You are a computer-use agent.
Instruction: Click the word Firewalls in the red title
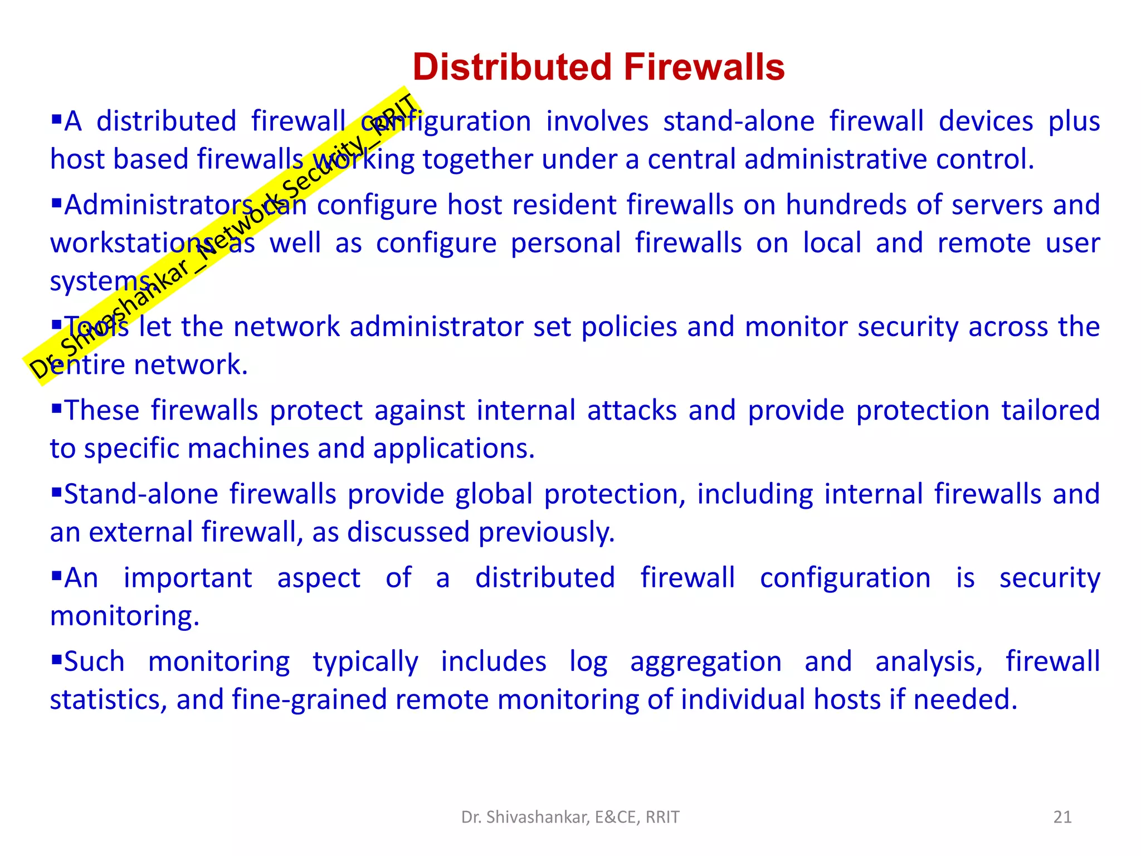coord(704,67)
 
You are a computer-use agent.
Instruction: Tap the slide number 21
coord(1062,817)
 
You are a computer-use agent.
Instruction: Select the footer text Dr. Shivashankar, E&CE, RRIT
coord(570,817)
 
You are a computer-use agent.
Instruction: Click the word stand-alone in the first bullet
coord(739,121)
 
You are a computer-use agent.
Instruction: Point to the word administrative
coord(836,159)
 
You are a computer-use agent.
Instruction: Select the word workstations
coord(131,244)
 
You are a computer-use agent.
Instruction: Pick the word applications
coord(454,449)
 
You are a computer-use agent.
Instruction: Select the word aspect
coord(319,578)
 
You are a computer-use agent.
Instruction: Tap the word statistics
coord(109,700)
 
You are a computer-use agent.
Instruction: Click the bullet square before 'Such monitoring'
coord(56,659)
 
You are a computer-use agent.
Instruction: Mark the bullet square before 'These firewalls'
coord(56,408)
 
